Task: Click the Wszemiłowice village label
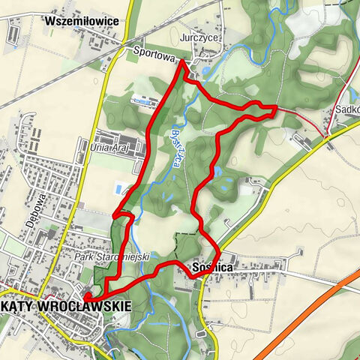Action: tap(81, 21)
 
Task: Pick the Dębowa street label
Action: tap(42, 202)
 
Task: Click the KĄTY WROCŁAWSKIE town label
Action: tap(66, 306)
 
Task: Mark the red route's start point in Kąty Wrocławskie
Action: tap(86, 297)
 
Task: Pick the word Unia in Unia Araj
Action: tap(99, 148)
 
